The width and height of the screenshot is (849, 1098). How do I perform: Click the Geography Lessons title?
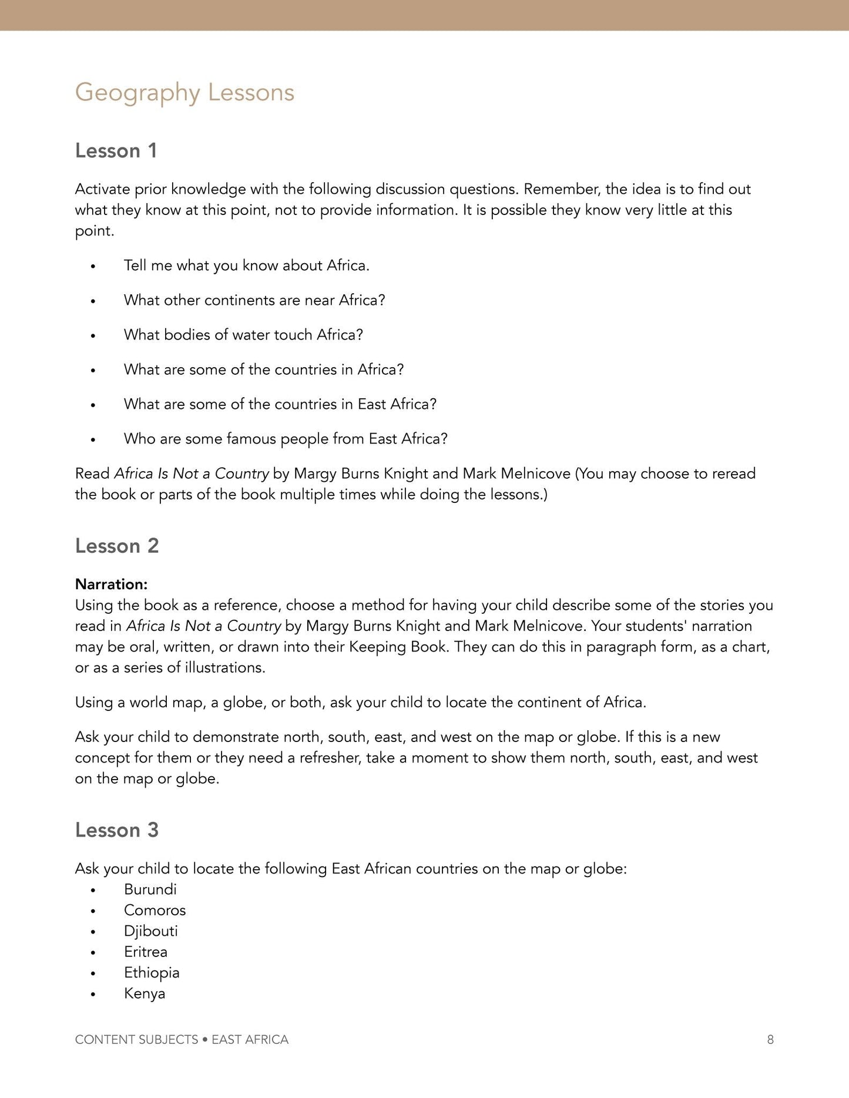(184, 93)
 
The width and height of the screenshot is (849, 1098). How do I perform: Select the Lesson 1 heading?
(116, 151)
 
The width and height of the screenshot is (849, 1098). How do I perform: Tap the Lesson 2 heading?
(117, 546)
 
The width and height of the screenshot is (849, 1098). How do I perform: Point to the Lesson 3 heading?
(117, 830)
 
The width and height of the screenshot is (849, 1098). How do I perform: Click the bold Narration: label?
(111, 584)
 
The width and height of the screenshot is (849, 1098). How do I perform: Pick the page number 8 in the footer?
(770, 1039)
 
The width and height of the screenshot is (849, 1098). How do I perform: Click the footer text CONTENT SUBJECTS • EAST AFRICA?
(182, 1039)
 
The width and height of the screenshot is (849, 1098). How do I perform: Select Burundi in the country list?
(150, 889)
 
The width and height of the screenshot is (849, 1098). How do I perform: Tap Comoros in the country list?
(155, 910)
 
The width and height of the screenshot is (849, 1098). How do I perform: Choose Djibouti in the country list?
(150, 931)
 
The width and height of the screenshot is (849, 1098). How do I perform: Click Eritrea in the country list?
(146, 952)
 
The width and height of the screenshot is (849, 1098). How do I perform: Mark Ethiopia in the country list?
(152, 972)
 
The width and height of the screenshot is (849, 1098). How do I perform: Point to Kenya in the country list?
(145, 993)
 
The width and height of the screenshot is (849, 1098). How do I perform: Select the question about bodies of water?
(243, 335)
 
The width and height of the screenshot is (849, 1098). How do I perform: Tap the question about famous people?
(286, 439)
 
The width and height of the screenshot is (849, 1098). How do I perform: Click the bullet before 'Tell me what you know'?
(93, 267)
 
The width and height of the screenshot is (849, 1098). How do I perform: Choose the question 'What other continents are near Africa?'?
(254, 300)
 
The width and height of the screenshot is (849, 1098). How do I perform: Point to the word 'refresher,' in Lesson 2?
(330, 758)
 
